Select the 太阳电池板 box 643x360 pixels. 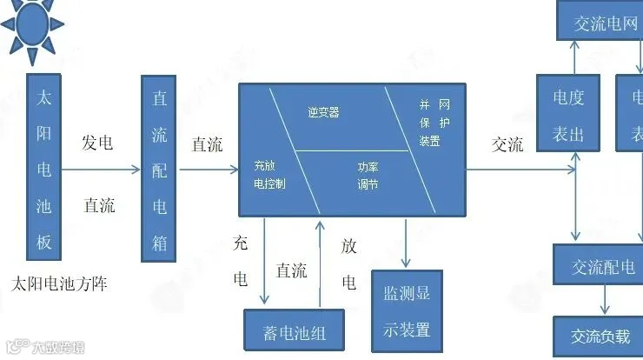click(x=44, y=168)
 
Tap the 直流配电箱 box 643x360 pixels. click(x=159, y=168)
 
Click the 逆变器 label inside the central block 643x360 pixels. click(x=323, y=113)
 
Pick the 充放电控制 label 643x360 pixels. click(x=269, y=174)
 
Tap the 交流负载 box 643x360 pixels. click(x=600, y=336)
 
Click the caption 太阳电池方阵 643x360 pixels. click(x=61, y=283)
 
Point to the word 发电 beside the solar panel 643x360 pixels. click(x=97, y=143)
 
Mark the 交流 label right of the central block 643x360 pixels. click(x=507, y=144)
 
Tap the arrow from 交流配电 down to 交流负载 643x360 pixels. click(x=605, y=301)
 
